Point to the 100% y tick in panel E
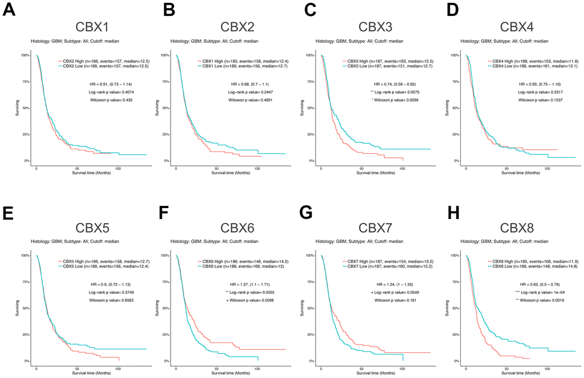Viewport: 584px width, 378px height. [25, 256]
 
